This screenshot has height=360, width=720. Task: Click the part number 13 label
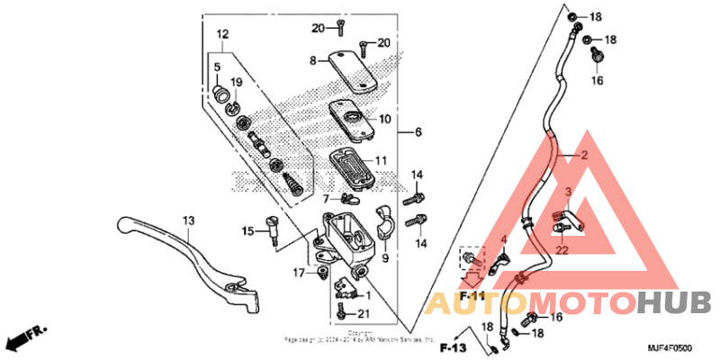pos(188,220)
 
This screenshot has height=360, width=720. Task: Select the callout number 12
pos(222,34)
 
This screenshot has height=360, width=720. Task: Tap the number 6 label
pos(417,132)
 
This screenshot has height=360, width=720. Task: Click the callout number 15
pos(248,232)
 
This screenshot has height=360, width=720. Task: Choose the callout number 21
pos(363,313)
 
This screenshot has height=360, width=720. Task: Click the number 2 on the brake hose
pos(583,156)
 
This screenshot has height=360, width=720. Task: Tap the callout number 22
pos(562,251)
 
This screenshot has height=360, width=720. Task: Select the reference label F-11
pos(472,295)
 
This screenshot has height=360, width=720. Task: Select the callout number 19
pos(238,82)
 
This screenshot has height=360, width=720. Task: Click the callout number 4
pos(504,239)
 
